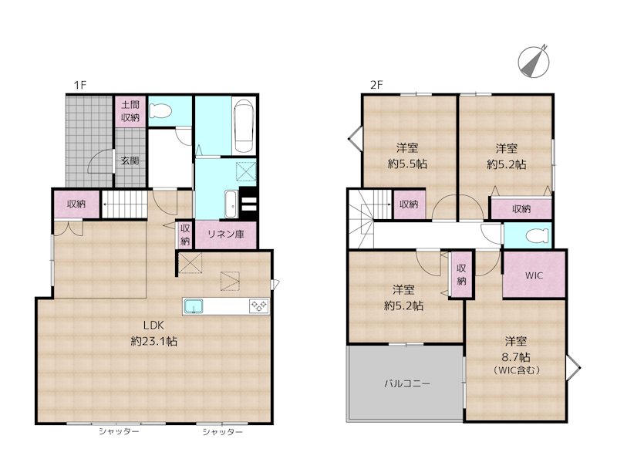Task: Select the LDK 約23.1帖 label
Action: [153, 334]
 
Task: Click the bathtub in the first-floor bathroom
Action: [243, 126]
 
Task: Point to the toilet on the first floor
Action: [160, 112]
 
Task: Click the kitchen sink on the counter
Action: [194, 307]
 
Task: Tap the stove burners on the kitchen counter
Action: [258, 307]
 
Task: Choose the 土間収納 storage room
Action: [130, 111]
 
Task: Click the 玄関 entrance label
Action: [129, 161]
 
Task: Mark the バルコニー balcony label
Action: [406, 383]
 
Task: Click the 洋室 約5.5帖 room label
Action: [407, 156]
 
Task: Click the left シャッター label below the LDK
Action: [119, 432]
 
